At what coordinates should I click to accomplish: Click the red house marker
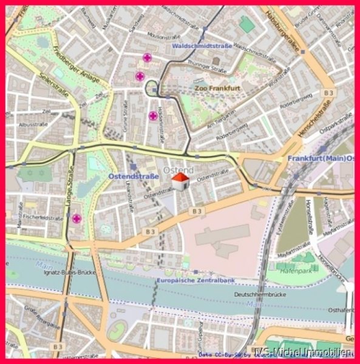(180, 180)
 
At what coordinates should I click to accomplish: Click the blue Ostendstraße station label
(134, 176)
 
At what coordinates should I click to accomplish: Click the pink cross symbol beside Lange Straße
(76, 218)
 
